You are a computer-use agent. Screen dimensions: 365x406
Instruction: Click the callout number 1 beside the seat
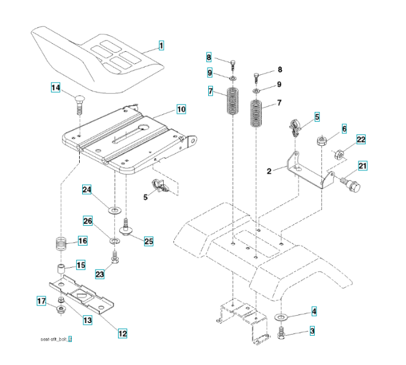(x=161, y=45)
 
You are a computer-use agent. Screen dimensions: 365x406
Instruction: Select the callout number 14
(x=55, y=88)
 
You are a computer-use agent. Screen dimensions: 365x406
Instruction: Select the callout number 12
(x=122, y=333)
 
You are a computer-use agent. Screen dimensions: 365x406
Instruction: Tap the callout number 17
(x=42, y=301)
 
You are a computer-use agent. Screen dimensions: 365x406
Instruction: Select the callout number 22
(x=361, y=139)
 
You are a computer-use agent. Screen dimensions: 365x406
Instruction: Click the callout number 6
(x=344, y=129)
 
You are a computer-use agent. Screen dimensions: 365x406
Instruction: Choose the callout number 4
(x=313, y=311)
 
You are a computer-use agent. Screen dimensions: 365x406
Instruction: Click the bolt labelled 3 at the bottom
(x=282, y=333)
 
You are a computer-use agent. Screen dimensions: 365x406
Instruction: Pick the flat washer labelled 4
(x=282, y=318)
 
